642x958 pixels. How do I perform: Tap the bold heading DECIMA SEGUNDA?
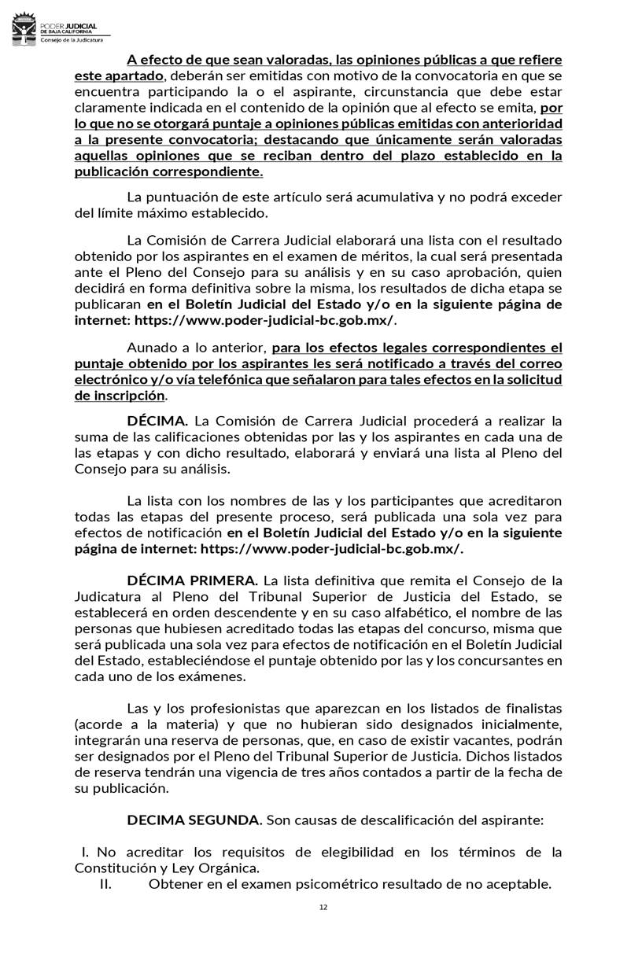click(x=194, y=820)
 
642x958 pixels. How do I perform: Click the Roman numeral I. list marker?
click(x=87, y=852)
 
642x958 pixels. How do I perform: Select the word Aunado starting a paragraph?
click(x=151, y=348)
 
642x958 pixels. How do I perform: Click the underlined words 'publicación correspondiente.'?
click(x=168, y=171)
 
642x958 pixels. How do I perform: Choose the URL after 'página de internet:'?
click(x=332, y=549)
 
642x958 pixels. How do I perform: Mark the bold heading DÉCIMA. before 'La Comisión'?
click(x=157, y=421)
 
